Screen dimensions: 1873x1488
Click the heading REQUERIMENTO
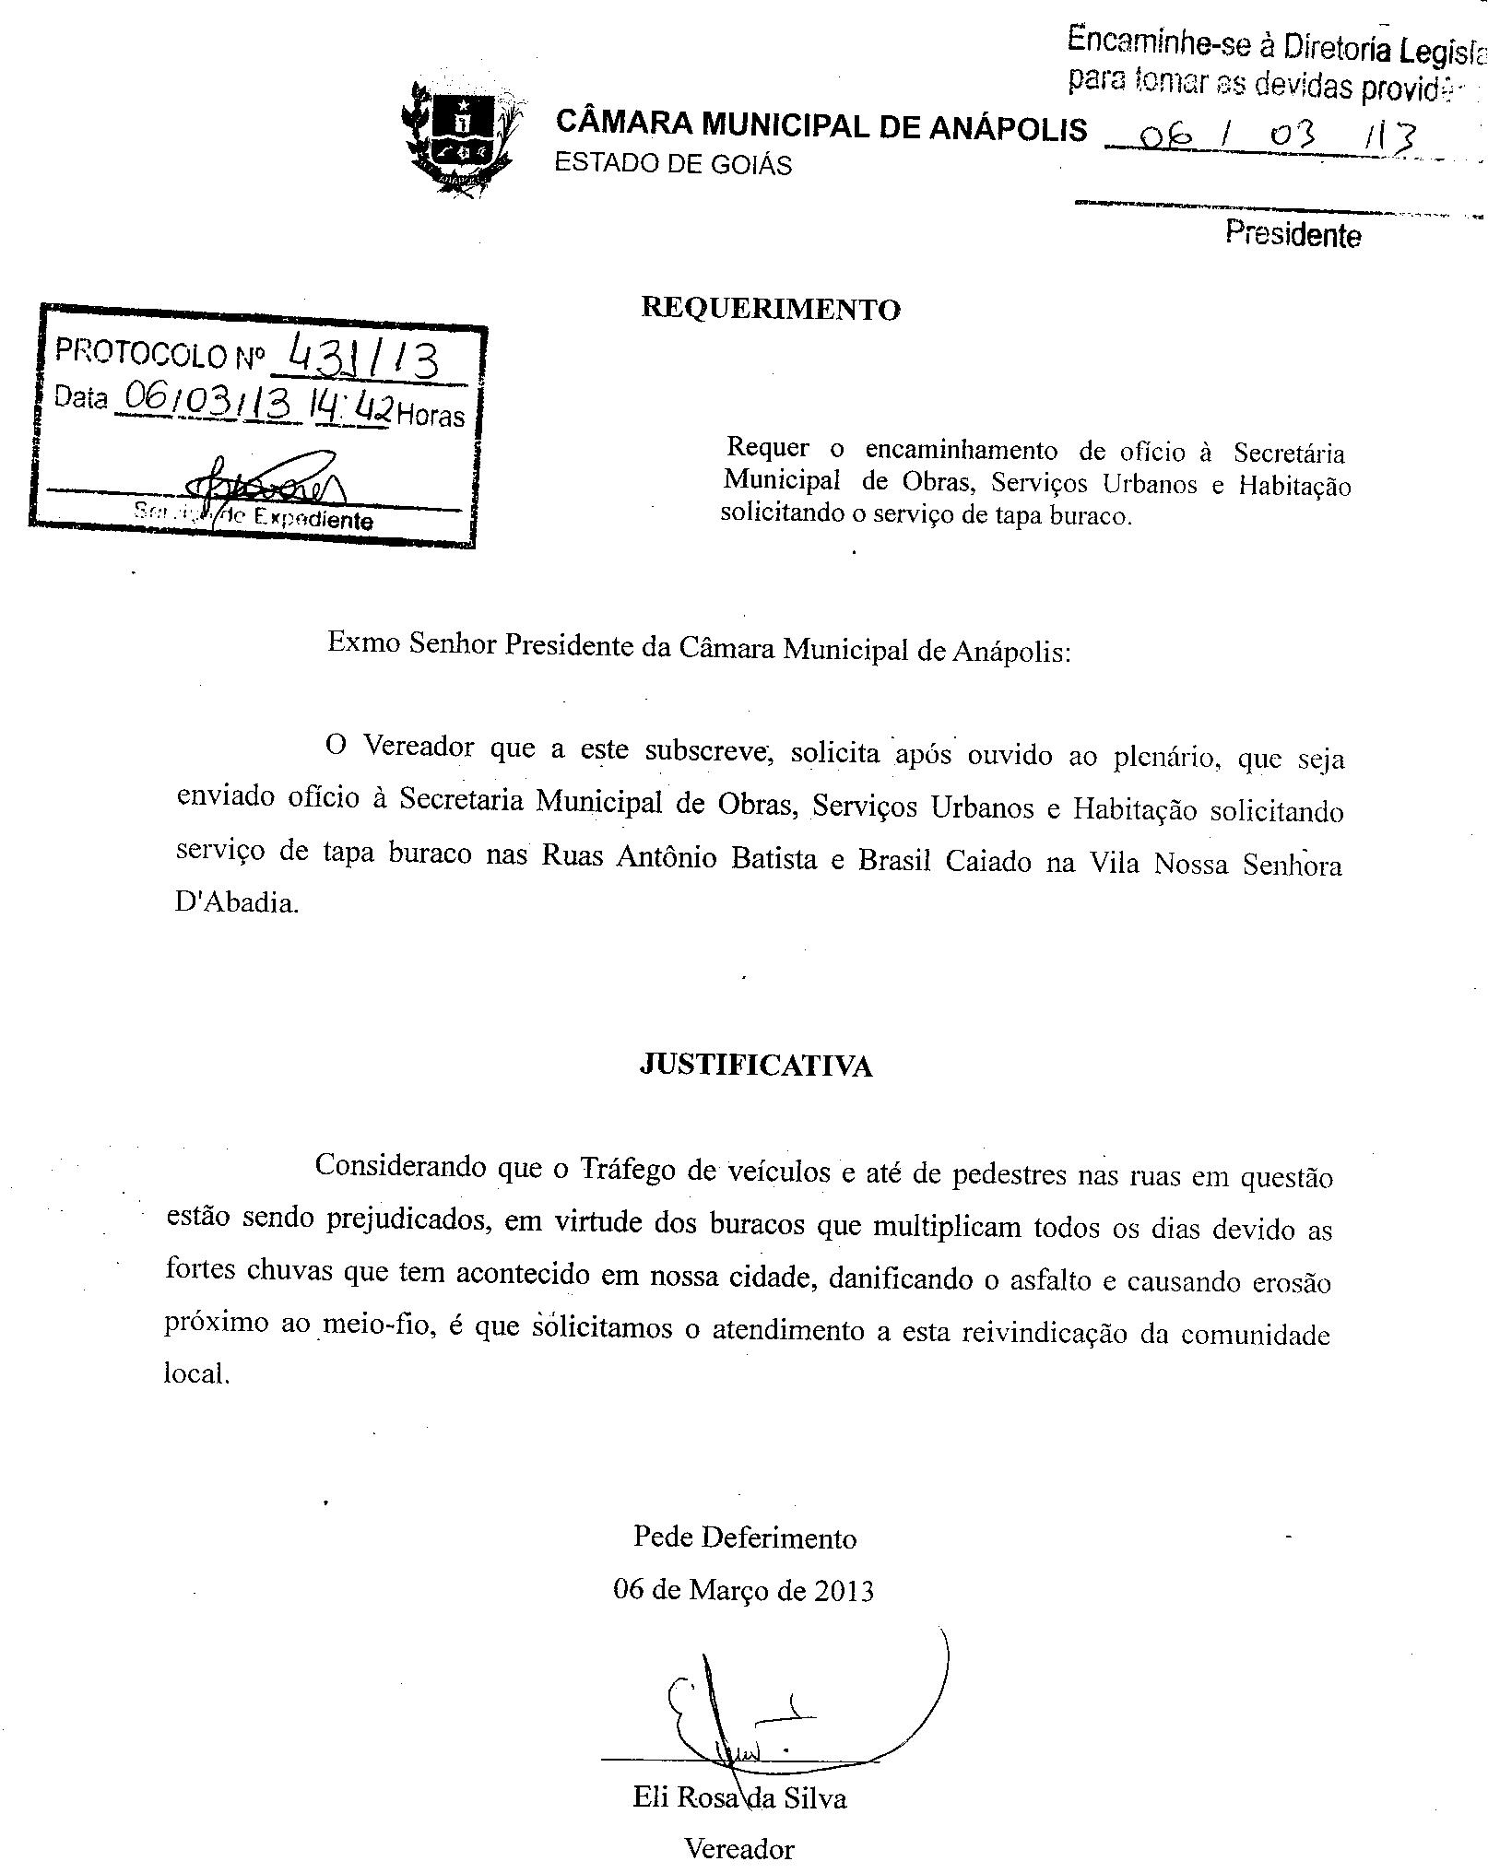770,309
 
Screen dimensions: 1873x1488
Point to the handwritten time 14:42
353,406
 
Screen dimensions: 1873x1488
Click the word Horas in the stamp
431,417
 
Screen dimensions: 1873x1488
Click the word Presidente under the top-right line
1293,234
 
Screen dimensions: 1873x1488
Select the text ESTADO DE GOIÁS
672,164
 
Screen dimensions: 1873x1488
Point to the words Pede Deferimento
745,1537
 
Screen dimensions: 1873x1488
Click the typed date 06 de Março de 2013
743,1590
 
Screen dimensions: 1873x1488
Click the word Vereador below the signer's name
738,1848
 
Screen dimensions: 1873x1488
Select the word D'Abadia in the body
237,902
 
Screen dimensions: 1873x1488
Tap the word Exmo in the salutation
363,642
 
